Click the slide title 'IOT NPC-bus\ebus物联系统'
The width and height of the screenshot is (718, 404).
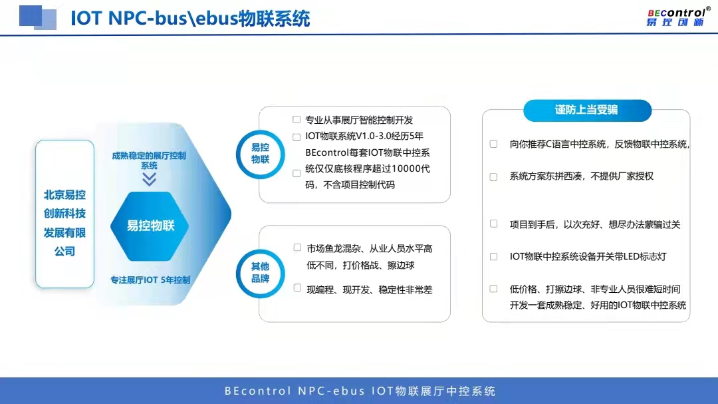(x=190, y=19)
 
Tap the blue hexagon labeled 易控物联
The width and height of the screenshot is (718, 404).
(x=150, y=226)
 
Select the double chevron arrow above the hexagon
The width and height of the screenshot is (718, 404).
(x=150, y=179)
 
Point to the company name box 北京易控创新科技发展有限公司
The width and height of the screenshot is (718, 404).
(x=64, y=214)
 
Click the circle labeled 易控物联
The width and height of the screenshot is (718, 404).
(x=260, y=154)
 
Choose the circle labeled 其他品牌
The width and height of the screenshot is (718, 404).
(x=260, y=274)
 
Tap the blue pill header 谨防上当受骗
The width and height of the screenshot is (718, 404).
(x=587, y=110)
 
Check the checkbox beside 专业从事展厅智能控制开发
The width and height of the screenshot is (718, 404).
(x=297, y=120)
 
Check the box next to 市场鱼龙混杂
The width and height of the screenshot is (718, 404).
(x=297, y=248)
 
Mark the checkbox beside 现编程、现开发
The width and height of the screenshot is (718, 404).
(x=297, y=288)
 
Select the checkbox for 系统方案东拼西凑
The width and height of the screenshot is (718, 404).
(x=493, y=176)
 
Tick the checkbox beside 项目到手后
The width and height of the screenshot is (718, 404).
(x=493, y=224)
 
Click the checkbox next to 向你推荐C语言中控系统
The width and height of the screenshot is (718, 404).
(x=493, y=144)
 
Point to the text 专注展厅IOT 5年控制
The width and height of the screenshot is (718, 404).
(x=150, y=280)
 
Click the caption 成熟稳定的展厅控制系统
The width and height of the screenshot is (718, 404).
(x=150, y=160)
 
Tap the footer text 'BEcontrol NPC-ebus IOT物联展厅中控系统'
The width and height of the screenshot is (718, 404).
(x=360, y=391)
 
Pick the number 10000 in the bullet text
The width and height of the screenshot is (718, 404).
(x=406, y=169)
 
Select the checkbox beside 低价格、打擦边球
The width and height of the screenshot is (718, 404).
(x=493, y=288)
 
